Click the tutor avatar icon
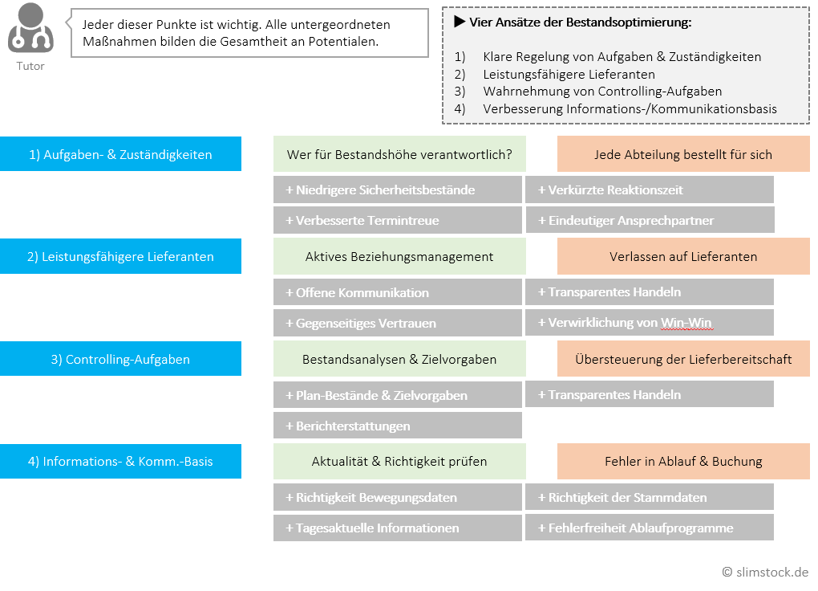(x=30, y=29)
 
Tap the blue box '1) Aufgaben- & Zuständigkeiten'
(x=120, y=154)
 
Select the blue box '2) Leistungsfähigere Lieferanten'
(x=120, y=257)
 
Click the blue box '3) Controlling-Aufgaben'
(x=120, y=359)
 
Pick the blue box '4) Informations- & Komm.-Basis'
(x=120, y=462)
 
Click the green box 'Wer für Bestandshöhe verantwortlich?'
(x=399, y=154)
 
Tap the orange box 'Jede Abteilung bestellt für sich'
(x=683, y=154)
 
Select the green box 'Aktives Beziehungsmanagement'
(x=399, y=257)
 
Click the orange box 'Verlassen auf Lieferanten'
(x=683, y=257)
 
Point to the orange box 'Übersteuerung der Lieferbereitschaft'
(x=683, y=359)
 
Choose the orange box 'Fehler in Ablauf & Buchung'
(x=683, y=462)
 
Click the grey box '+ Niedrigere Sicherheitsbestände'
(x=397, y=190)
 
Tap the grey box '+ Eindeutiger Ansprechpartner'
(x=650, y=220)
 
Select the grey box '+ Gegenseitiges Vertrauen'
(x=397, y=323)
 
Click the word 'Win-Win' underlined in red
(x=686, y=323)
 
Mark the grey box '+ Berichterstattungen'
(x=397, y=426)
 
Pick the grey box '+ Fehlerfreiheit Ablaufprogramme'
(x=650, y=528)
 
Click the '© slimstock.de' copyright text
(x=765, y=573)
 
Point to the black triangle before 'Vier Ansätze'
(x=460, y=22)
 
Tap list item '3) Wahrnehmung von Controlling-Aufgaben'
(x=601, y=92)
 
